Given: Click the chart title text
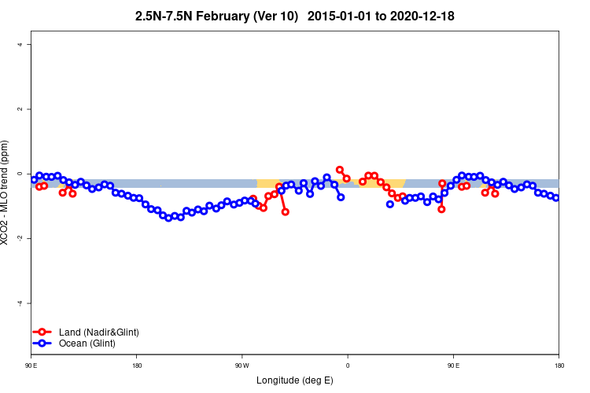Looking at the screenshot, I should tap(294, 16).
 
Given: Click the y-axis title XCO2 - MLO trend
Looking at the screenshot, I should tap(6, 193).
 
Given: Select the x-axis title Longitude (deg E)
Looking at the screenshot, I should tap(295, 381).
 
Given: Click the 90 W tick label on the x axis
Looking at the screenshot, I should tap(242, 365).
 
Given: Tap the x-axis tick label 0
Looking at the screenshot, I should tap(348, 365).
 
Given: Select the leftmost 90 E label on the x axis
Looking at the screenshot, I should tap(31, 365).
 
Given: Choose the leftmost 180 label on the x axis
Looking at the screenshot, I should tap(137, 365).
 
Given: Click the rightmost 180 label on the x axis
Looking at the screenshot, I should tap(559, 365).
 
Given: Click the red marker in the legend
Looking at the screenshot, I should tap(42, 332).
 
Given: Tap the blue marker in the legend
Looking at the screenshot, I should tap(42, 343).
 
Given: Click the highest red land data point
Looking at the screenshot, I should tap(340, 170).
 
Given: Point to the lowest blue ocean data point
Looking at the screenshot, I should tap(168, 218).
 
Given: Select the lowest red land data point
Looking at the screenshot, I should tap(286, 212).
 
